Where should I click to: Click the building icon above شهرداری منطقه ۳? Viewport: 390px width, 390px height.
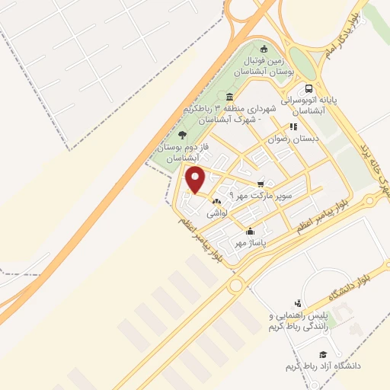pos(229,97)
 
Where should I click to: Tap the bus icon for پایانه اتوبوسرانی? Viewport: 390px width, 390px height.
pos(308,88)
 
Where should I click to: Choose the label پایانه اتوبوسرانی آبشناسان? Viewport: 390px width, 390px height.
pos(308,104)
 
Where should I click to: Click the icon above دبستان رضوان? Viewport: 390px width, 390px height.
pos(291,127)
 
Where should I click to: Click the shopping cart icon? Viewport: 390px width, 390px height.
pos(261,184)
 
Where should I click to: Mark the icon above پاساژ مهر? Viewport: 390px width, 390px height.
pos(250,232)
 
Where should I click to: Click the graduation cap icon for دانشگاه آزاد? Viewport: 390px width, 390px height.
pos(322,354)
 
